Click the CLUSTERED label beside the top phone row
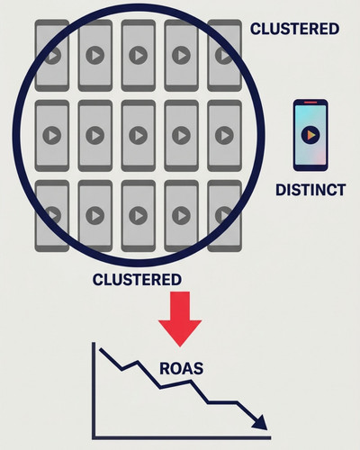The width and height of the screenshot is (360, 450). tap(295, 29)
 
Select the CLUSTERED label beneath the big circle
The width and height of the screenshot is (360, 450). tap(137, 280)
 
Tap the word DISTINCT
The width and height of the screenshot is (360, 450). tap(310, 190)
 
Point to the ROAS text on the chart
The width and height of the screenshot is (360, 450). tap(181, 368)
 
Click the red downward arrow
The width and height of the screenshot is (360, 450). tap(180, 319)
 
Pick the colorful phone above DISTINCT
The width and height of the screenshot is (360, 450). tap(310, 135)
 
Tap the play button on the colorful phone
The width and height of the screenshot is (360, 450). tap(310, 135)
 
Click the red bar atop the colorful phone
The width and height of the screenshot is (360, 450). tap(310, 103)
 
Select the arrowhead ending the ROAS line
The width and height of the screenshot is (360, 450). tap(260, 422)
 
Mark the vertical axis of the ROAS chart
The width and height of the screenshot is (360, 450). tap(94, 390)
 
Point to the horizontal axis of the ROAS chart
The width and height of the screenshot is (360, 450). tap(182, 437)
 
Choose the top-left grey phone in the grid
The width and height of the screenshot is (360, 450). tap(52, 56)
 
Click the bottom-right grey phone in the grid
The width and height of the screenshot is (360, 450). tap(224, 216)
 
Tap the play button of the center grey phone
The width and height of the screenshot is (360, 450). tap(139, 135)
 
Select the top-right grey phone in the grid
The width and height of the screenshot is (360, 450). tap(224, 56)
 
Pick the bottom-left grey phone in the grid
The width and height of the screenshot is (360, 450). tap(52, 216)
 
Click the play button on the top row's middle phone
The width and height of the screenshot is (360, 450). tap(139, 56)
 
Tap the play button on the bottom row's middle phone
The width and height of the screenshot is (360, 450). tap(139, 216)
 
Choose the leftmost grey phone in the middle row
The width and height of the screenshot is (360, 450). tap(52, 136)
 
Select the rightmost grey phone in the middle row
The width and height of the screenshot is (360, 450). tap(224, 136)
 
